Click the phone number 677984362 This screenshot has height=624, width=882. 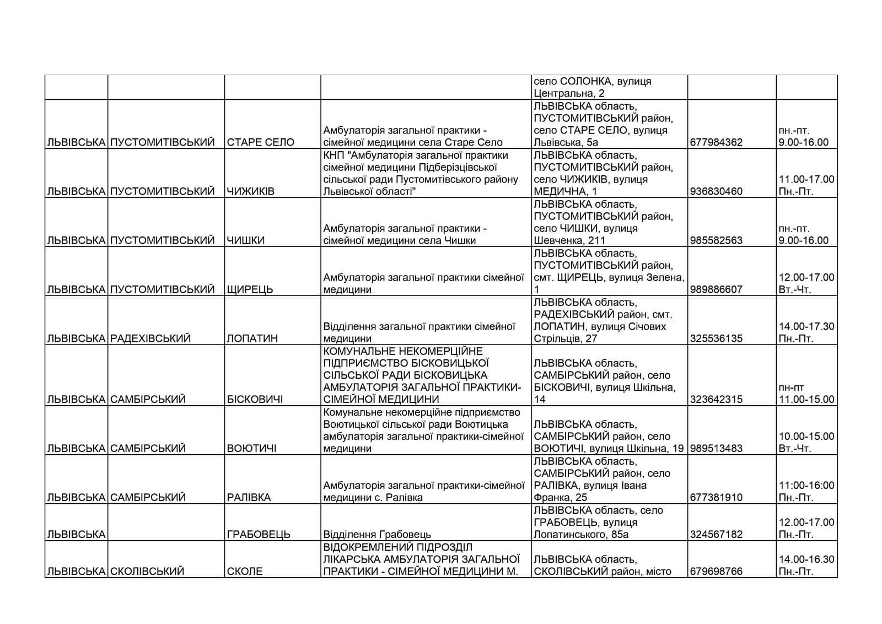pos(716,142)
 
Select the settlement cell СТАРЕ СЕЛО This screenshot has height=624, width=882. pos(260,142)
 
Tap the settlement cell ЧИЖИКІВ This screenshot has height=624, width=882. pos(250,191)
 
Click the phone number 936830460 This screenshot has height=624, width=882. pos(716,191)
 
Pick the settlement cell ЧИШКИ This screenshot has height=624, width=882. pos(246,240)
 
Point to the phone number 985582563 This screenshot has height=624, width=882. pos(716,240)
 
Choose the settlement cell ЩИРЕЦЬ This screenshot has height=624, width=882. pos(250,289)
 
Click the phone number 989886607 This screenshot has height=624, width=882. pos(716,289)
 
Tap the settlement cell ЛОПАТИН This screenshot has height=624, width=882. pos(252,338)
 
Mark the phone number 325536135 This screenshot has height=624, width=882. pos(716,338)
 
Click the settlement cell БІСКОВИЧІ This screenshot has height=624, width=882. pos(255,399)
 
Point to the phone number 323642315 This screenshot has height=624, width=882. pos(716,399)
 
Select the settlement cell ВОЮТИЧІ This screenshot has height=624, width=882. pos(251,448)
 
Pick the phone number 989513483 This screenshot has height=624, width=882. pos(716,448)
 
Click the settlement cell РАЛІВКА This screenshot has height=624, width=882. pos(249,497)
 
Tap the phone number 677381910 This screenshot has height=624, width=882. pos(716,497)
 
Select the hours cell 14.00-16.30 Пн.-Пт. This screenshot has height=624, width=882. pos(806,566)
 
